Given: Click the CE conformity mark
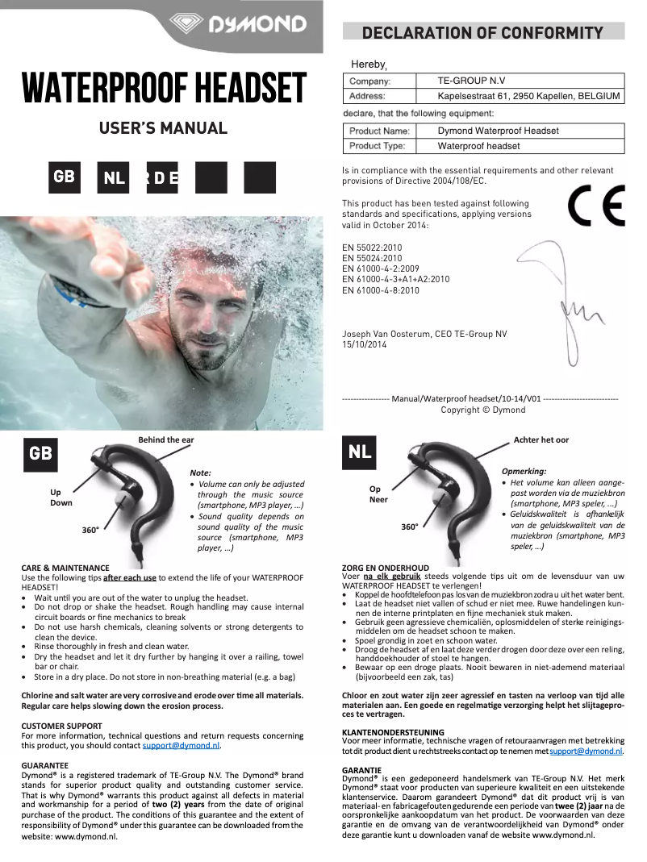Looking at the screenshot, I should pyautogui.click(x=595, y=207).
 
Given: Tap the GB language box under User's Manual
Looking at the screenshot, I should pyautogui.click(x=64, y=177).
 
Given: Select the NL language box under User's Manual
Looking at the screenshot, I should pyautogui.click(x=113, y=177).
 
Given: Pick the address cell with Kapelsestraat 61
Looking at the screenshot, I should pyautogui.click(x=528, y=96).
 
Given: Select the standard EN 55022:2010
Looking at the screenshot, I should pyautogui.click(x=373, y=248).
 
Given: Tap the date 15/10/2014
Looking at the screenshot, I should pyautogui.click(x=365, y=344).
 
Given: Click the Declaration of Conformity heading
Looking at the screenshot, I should pyautogui.click(x=483, y=33).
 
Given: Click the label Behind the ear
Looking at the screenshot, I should pyautogui.click(x=166, y=439).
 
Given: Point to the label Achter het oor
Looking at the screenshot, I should pyautogui.click(x=541, y=439).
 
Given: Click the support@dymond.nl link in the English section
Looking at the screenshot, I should pyautogui.click(x=181, y=746).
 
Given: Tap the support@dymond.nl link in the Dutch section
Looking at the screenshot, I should pyautogui.click(x=586, y=751).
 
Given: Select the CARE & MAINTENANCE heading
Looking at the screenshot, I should pyautogui.click(x=65, y=568).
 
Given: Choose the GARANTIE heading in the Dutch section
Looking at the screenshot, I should pyautogui.click(x=362, y=770).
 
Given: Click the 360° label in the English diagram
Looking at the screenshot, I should pyautogui.click(x=90, y=530).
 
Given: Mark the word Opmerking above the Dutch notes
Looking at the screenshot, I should pyautogui.click(x=524, y=471).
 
